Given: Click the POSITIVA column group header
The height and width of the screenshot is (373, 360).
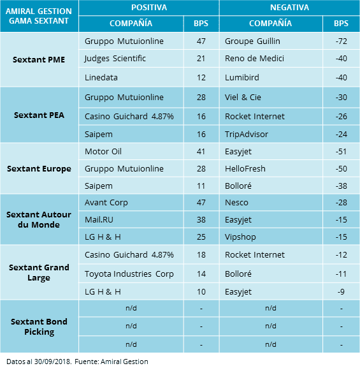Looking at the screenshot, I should tap(148, 8).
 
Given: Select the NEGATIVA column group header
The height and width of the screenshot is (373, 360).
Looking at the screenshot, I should tap(289, 8).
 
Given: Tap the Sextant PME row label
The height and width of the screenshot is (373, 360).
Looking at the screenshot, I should tap(39, 59).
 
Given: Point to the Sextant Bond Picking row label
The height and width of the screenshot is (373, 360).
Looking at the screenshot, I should tap(39, 326).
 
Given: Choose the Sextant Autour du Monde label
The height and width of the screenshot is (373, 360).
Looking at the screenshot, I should tap(39, 220).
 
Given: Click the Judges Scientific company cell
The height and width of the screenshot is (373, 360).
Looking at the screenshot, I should tap(115, 59).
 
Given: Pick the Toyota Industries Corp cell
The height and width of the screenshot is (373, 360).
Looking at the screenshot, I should tap(129, 274).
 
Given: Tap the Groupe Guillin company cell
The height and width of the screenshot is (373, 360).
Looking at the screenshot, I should tap(252, 41).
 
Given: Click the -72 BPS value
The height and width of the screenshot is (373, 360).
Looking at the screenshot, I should tap(341, 41).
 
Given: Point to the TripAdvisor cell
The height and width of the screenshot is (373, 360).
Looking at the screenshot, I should tap(247, 135).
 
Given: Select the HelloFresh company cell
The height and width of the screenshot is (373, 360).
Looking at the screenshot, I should tap(246, 169).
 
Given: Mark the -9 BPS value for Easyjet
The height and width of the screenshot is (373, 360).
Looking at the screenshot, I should tap(341, 291).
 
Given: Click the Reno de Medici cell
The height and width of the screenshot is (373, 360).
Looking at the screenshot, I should tap(253, 59).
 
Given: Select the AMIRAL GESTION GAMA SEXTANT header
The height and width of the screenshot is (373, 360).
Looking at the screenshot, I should tap(39, 16).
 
